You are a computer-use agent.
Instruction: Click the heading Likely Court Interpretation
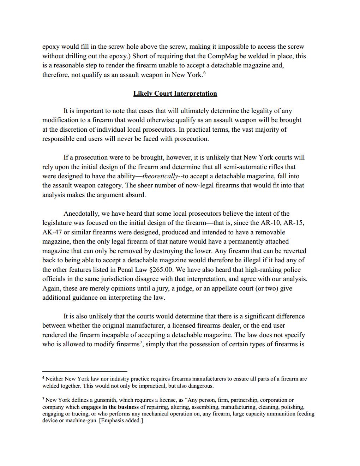click(175, 94)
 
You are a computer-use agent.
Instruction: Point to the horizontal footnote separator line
click(85, 371)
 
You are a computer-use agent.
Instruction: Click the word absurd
click(136, 195)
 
